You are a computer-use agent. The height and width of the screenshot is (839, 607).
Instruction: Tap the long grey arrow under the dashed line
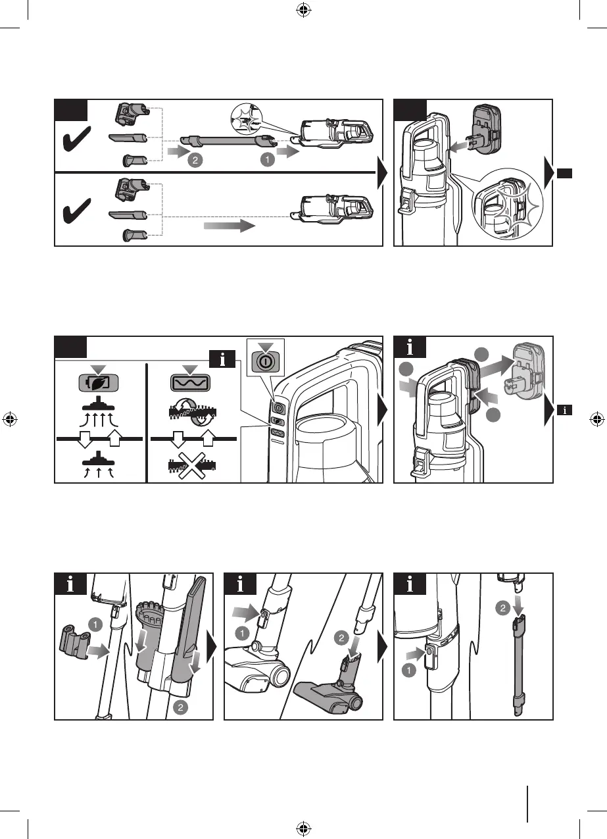[228, 226]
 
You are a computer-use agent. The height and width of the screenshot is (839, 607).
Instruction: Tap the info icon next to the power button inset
[224, 359]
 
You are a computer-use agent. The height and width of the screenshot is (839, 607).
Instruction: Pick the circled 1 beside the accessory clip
[97, 623]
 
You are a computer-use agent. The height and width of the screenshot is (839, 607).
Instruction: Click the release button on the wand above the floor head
[264, 615]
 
